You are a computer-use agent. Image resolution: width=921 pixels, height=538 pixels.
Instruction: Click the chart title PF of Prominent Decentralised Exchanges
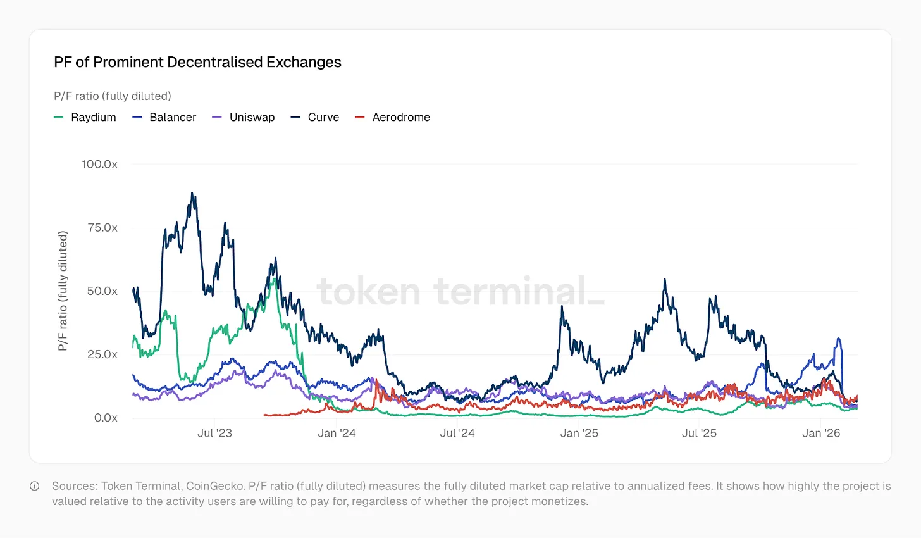[197, 62]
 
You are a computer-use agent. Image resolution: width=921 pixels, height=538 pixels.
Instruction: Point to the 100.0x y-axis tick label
[99, 165]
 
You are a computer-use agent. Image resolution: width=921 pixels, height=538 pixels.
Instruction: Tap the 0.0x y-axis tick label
[106, 418]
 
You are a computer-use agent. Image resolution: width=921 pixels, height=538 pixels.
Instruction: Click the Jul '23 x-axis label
[214, 434]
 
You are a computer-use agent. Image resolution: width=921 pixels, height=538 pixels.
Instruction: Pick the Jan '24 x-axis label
[337, 434]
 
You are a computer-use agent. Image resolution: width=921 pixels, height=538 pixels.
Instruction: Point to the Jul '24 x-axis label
[457, 434]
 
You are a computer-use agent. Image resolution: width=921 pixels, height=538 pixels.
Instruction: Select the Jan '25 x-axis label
[579, 434]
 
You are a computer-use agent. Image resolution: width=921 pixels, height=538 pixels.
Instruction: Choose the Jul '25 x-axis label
[699, 434]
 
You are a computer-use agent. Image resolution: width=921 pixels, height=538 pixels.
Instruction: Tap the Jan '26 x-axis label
[821, 434]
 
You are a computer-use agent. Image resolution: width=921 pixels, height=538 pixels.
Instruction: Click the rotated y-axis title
[63, 291]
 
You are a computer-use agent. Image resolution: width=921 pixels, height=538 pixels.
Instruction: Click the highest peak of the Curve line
[193, 194]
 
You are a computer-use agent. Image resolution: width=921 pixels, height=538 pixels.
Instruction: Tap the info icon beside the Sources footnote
[35, 486]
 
